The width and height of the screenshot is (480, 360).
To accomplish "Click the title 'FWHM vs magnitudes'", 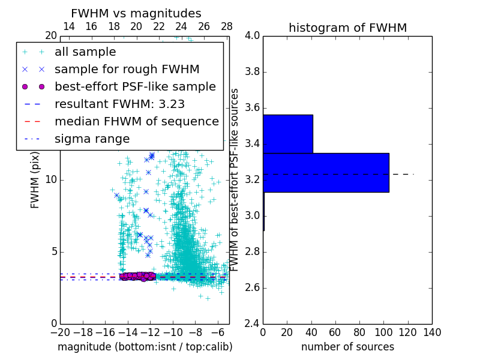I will [136, 13].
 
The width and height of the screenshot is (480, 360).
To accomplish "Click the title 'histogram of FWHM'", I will [347, 28].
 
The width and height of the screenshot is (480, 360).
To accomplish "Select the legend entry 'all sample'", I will [85, 52].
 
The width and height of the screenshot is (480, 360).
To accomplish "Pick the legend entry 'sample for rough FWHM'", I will [127, 70].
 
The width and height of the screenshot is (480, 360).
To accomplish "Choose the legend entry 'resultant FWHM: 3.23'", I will [119, 104].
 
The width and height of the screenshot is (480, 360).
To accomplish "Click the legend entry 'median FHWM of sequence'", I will [136, 122].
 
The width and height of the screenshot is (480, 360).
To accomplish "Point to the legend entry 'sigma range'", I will [92, 139].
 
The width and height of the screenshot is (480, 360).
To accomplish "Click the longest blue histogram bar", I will [326, 172].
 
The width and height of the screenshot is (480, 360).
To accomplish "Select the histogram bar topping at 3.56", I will [288, 134].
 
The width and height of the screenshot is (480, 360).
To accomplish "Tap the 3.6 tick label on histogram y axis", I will [252, 108].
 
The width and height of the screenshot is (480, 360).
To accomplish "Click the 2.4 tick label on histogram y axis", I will [252, 324].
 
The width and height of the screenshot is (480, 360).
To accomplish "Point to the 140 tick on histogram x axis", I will [432, 332].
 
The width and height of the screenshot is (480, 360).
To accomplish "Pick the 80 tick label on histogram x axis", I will [359, 332].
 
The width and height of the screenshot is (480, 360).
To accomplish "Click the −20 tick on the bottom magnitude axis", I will [60, 332].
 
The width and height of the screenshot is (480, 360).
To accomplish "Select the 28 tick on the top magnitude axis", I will [227, 26].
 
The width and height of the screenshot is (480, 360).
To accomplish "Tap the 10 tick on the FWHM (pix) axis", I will [51, 180].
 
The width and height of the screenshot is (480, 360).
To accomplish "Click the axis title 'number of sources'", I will [347, 347].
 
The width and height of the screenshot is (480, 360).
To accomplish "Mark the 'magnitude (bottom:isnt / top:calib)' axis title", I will [145, 347].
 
